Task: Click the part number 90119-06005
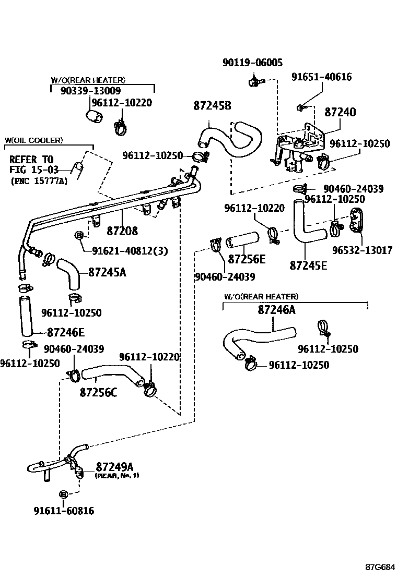[x=252, y=63]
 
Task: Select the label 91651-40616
[x=321, y=77]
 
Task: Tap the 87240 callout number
[x=340, y=112]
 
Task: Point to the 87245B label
[x=212, y=105]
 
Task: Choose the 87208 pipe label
[x=124, y=230]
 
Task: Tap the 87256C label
[x=98, y=392]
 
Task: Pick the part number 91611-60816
[x=64, y=511]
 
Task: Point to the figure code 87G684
[x=379, y=567]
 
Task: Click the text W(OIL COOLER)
[x=33, y=140]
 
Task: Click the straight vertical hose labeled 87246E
[x=25, y=316]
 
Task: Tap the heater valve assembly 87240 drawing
[x=299, y=149]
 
